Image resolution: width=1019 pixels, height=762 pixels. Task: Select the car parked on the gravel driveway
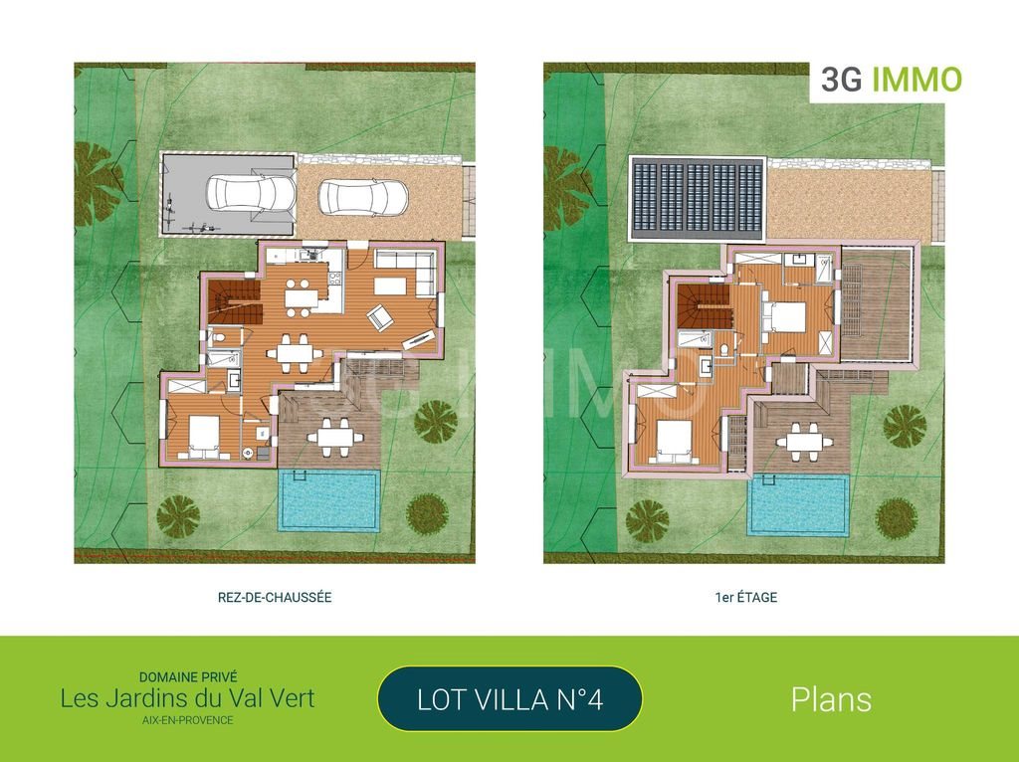point(363,197)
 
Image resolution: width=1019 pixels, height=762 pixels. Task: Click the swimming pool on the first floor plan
point(798,503)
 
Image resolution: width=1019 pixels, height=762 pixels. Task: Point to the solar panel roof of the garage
point(698,196)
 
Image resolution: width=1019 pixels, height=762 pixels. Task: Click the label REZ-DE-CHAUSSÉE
point(274,598)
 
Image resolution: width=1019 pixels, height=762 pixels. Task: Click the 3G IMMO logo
point(890,81)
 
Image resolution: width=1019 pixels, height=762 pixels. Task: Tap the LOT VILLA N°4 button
point(509,699)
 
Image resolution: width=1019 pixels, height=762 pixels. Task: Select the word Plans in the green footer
point(831,699)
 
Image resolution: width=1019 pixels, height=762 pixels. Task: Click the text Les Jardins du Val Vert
point(187,698)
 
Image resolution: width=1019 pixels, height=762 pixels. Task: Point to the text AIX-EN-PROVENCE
point(187,720)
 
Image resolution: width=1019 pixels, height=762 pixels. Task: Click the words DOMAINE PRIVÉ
point(187,676)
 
